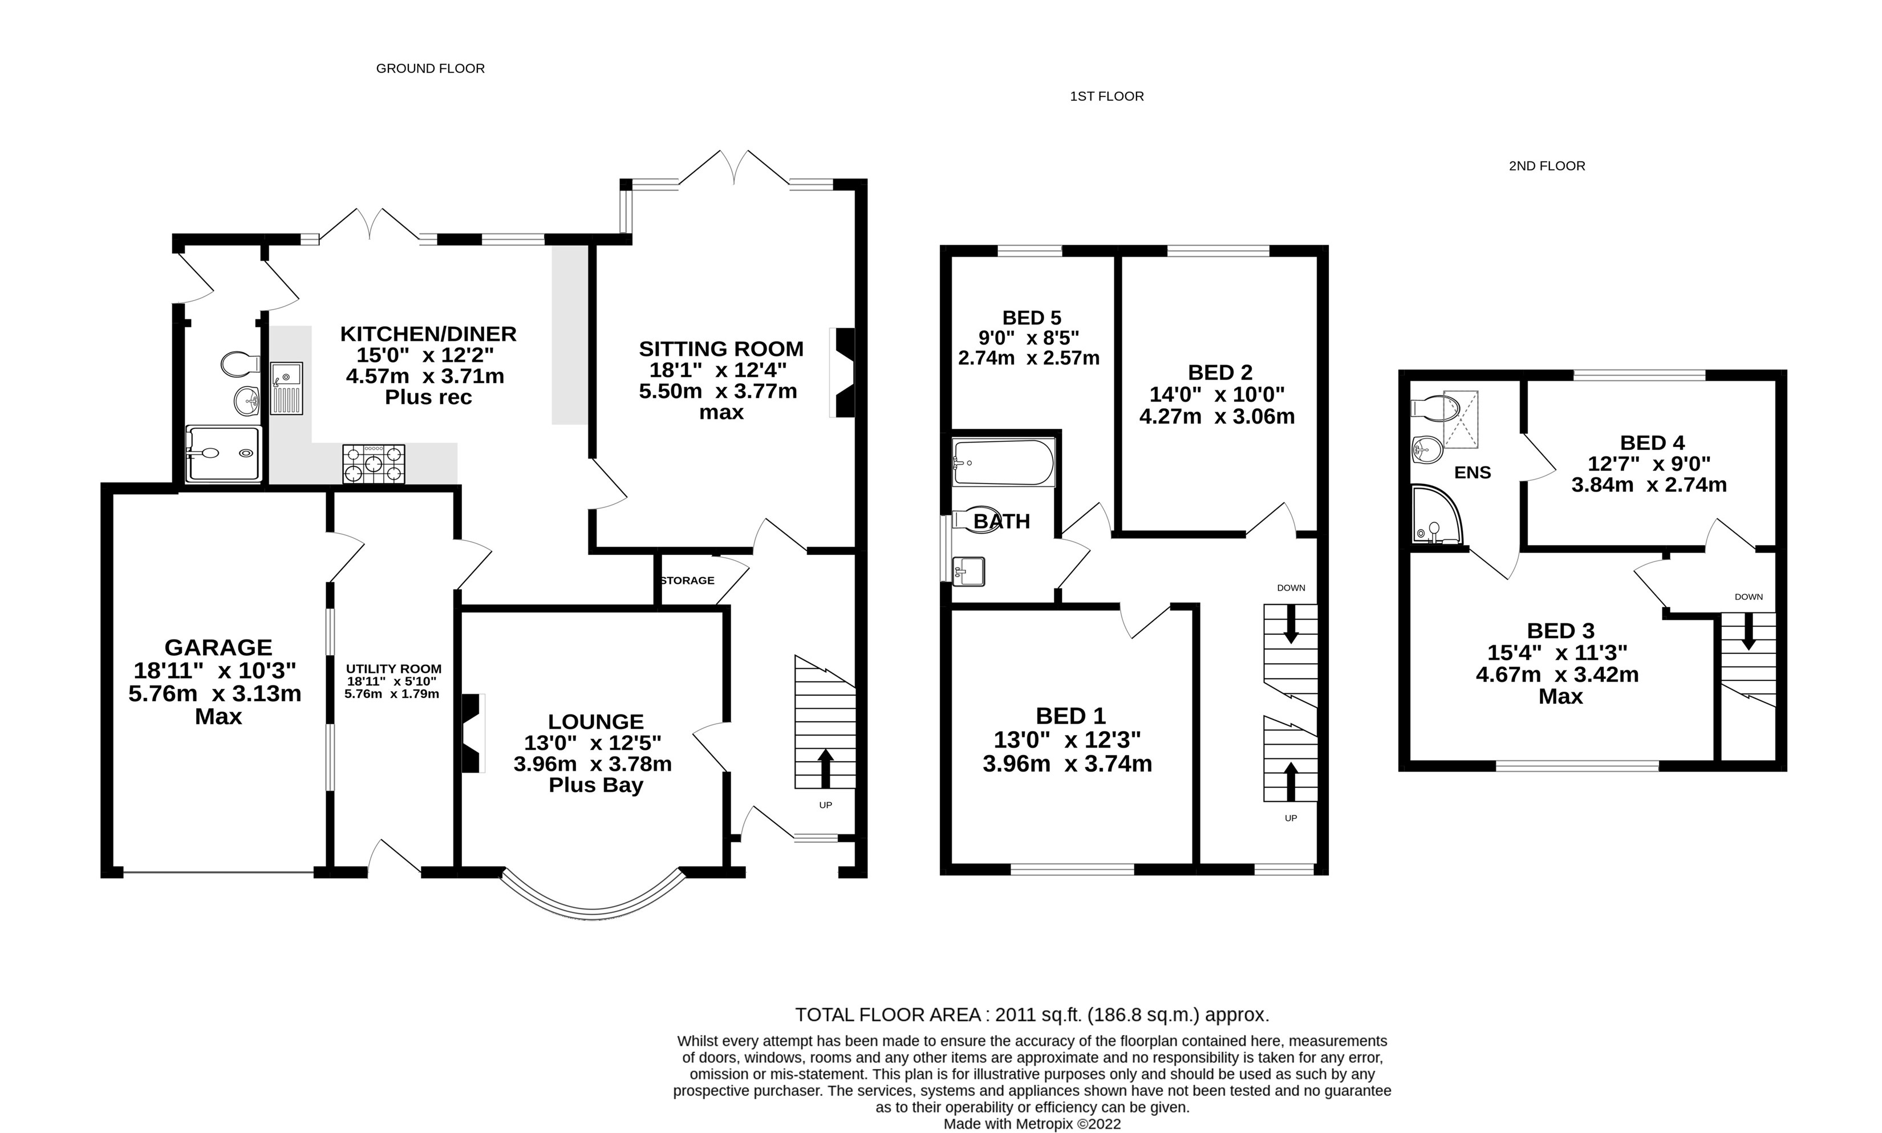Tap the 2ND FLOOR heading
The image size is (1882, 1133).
[1547, 167]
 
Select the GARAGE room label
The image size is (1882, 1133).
[218, 647]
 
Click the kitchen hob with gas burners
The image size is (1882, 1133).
[374, 464]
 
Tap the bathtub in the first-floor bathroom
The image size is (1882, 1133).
[1003, 462]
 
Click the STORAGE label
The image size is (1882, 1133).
[687, 580]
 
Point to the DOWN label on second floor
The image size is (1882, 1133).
[1749, 597]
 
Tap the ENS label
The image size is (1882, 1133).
[1473, 473]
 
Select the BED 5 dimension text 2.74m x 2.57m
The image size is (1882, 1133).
[1029, 358]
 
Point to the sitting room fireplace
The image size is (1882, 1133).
[842, 372]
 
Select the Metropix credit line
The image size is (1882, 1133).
[1032, 1124]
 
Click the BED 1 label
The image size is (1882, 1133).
[1070, 716]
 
